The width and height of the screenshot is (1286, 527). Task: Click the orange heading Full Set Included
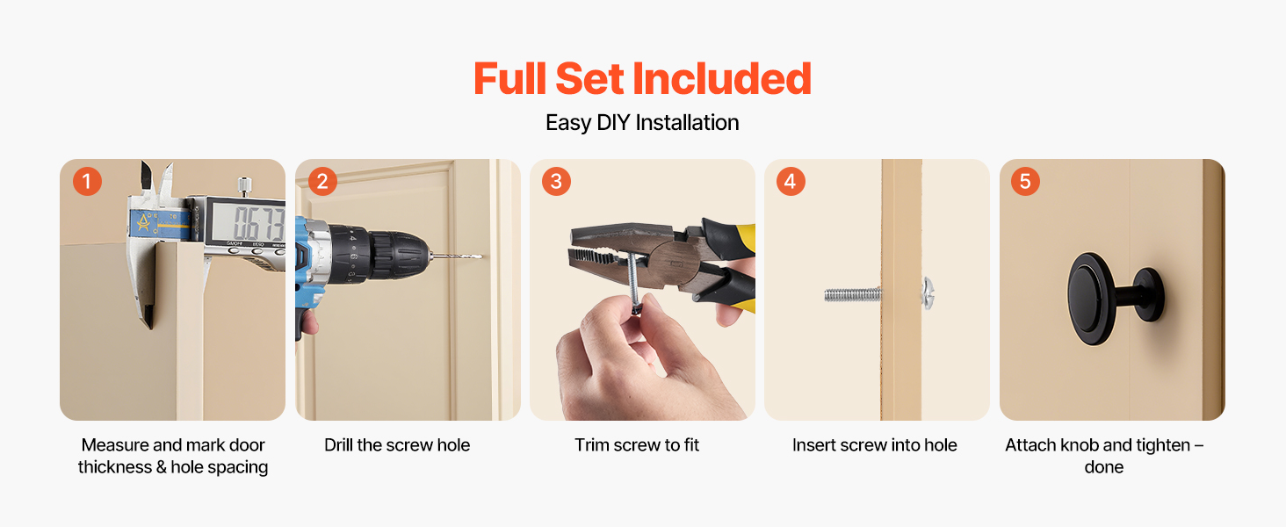pos(642,79)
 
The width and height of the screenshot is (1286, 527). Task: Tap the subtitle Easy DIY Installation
pos(642,123)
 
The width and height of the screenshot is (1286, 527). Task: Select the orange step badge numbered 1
pos(87,182)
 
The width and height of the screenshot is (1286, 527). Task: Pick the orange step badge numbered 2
pos(322,182)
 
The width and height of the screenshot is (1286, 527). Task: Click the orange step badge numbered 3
pos(556,182)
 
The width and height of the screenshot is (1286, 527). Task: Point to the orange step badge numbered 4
pos(791,182)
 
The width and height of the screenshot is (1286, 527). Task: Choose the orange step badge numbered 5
pos(1025,182)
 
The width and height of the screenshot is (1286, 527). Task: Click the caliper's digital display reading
pos(259,223)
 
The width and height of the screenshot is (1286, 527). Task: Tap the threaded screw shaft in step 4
pos(853,295)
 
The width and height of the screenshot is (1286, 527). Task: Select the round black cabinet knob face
pos(1090,299)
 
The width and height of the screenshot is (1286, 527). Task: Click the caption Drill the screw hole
pos(397,445)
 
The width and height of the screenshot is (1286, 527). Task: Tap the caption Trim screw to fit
pos(637,445)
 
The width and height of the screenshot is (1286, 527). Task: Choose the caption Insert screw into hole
pos(874,445)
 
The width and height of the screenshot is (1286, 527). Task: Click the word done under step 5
pos(1103,466)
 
